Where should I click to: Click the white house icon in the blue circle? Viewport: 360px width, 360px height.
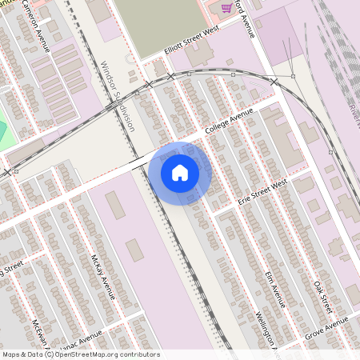click(180, 172)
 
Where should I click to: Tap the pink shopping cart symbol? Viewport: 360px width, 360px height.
click(226, 8)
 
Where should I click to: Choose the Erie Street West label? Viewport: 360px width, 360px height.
click(262, 190)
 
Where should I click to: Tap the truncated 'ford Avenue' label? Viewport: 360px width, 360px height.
click(246, 20)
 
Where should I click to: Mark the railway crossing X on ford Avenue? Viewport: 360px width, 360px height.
click(274, 82)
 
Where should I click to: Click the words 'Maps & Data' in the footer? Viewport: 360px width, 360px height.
click(21, 354)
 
